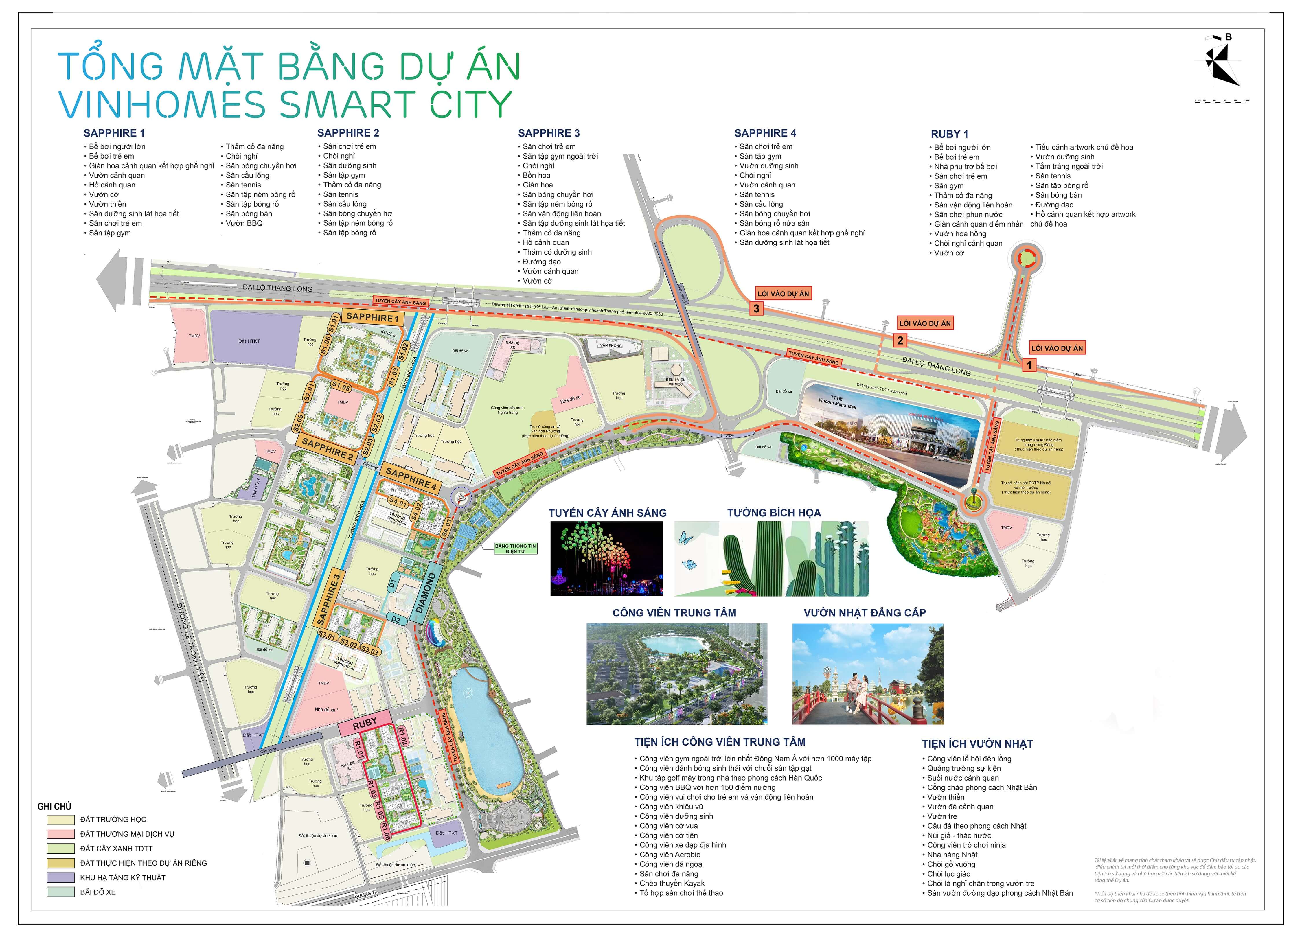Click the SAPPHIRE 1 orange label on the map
click(372, 317)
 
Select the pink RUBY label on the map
click(365, 724)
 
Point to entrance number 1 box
click(1029, 365)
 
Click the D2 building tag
click(396, 619)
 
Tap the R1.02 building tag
click(402, 737)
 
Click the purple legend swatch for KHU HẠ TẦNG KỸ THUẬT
click(61, 877)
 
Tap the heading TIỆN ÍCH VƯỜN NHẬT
click(977, 744)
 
